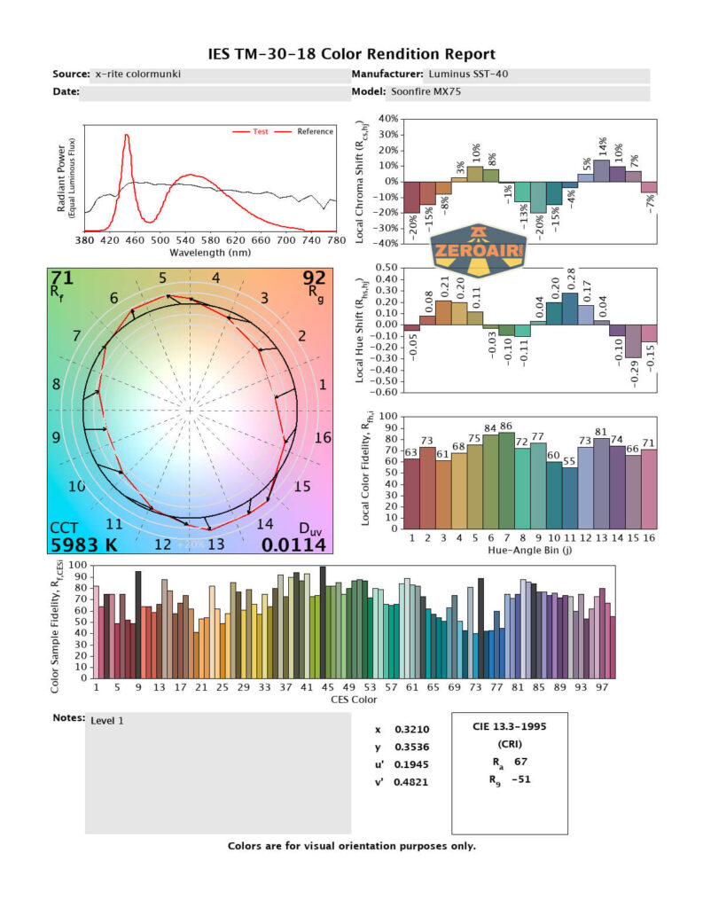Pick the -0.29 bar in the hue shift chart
point(633,340)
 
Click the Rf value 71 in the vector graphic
point(62,279)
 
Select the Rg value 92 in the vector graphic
point(316,279)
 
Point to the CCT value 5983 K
point(87,544)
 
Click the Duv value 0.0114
point(294,544)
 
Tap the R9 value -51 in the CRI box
point(522,780)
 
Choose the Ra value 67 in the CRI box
point(521,761)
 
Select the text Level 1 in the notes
point(107,721)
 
